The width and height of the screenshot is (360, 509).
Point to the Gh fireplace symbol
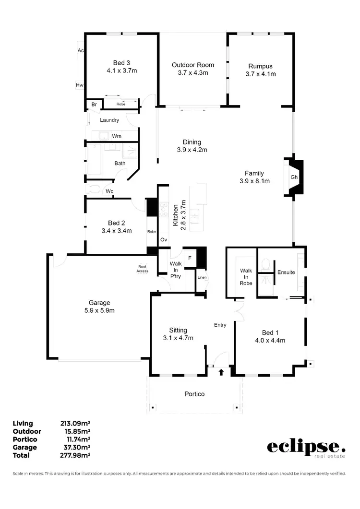click(x=294, y=177)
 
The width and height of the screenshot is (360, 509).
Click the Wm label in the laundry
click(x=116, y=136)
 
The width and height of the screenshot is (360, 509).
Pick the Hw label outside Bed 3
click(x=80, y=85)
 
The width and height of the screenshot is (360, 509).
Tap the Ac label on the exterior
click(x=80, y=50)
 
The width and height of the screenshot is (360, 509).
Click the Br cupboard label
click(x=94, y=104)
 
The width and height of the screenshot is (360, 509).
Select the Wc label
click(x=109, y=191)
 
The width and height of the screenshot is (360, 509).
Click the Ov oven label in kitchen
click(x=163, y=239)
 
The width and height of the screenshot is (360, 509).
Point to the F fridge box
click(x=190, y=258)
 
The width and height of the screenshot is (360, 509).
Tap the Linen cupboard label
click(x=202, y=277)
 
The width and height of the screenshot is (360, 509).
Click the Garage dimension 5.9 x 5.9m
click(x=99, y=310)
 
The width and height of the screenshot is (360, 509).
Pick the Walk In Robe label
click(x=246, y=277)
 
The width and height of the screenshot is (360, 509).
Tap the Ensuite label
click(x=286, y=272)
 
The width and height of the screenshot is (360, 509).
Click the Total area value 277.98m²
click(x=75, y=455)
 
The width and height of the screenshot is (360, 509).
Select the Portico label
click(x=194, y=394)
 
